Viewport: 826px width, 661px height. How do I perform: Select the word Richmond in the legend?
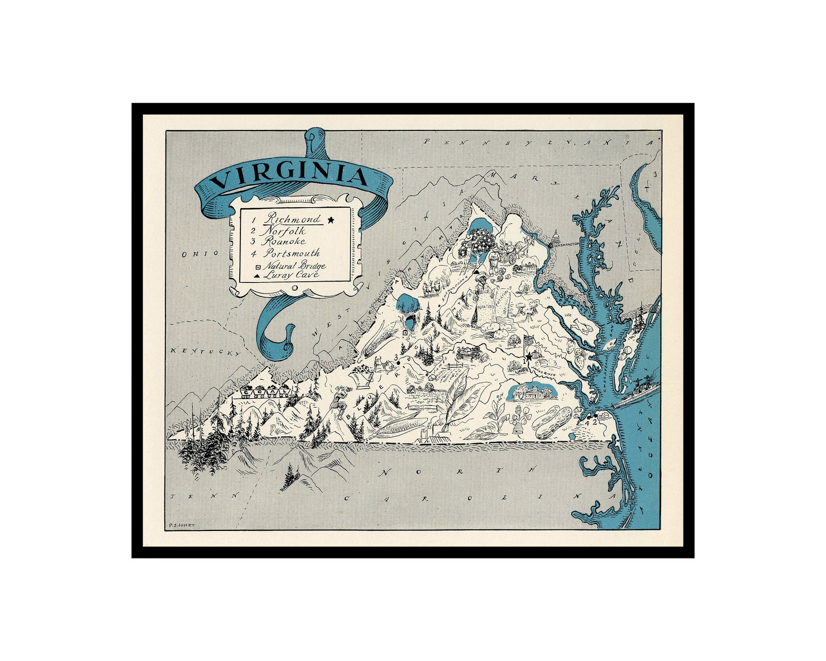(x=292, y=219)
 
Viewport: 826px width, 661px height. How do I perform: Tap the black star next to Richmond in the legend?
(x=330, y=220)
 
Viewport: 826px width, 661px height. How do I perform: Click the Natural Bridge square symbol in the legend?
(x=257, y=266)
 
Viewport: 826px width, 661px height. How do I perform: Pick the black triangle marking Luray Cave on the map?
(x=476, y=272)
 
